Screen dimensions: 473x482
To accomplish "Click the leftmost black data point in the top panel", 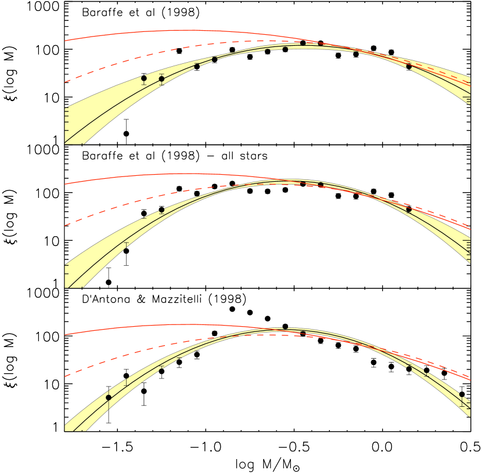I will pos(144,78).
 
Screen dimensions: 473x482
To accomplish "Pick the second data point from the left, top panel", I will pos(161,79).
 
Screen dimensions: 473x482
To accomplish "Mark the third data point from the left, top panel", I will pos(197,66).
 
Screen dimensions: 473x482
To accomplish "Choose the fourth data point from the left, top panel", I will pos(214,59).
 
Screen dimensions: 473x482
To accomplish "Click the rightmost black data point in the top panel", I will pos(409,66).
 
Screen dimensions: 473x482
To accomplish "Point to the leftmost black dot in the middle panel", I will pos(161,210).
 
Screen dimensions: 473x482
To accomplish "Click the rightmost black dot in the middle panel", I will pos(409,210).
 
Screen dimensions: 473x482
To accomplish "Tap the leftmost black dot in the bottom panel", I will pos(109,398).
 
